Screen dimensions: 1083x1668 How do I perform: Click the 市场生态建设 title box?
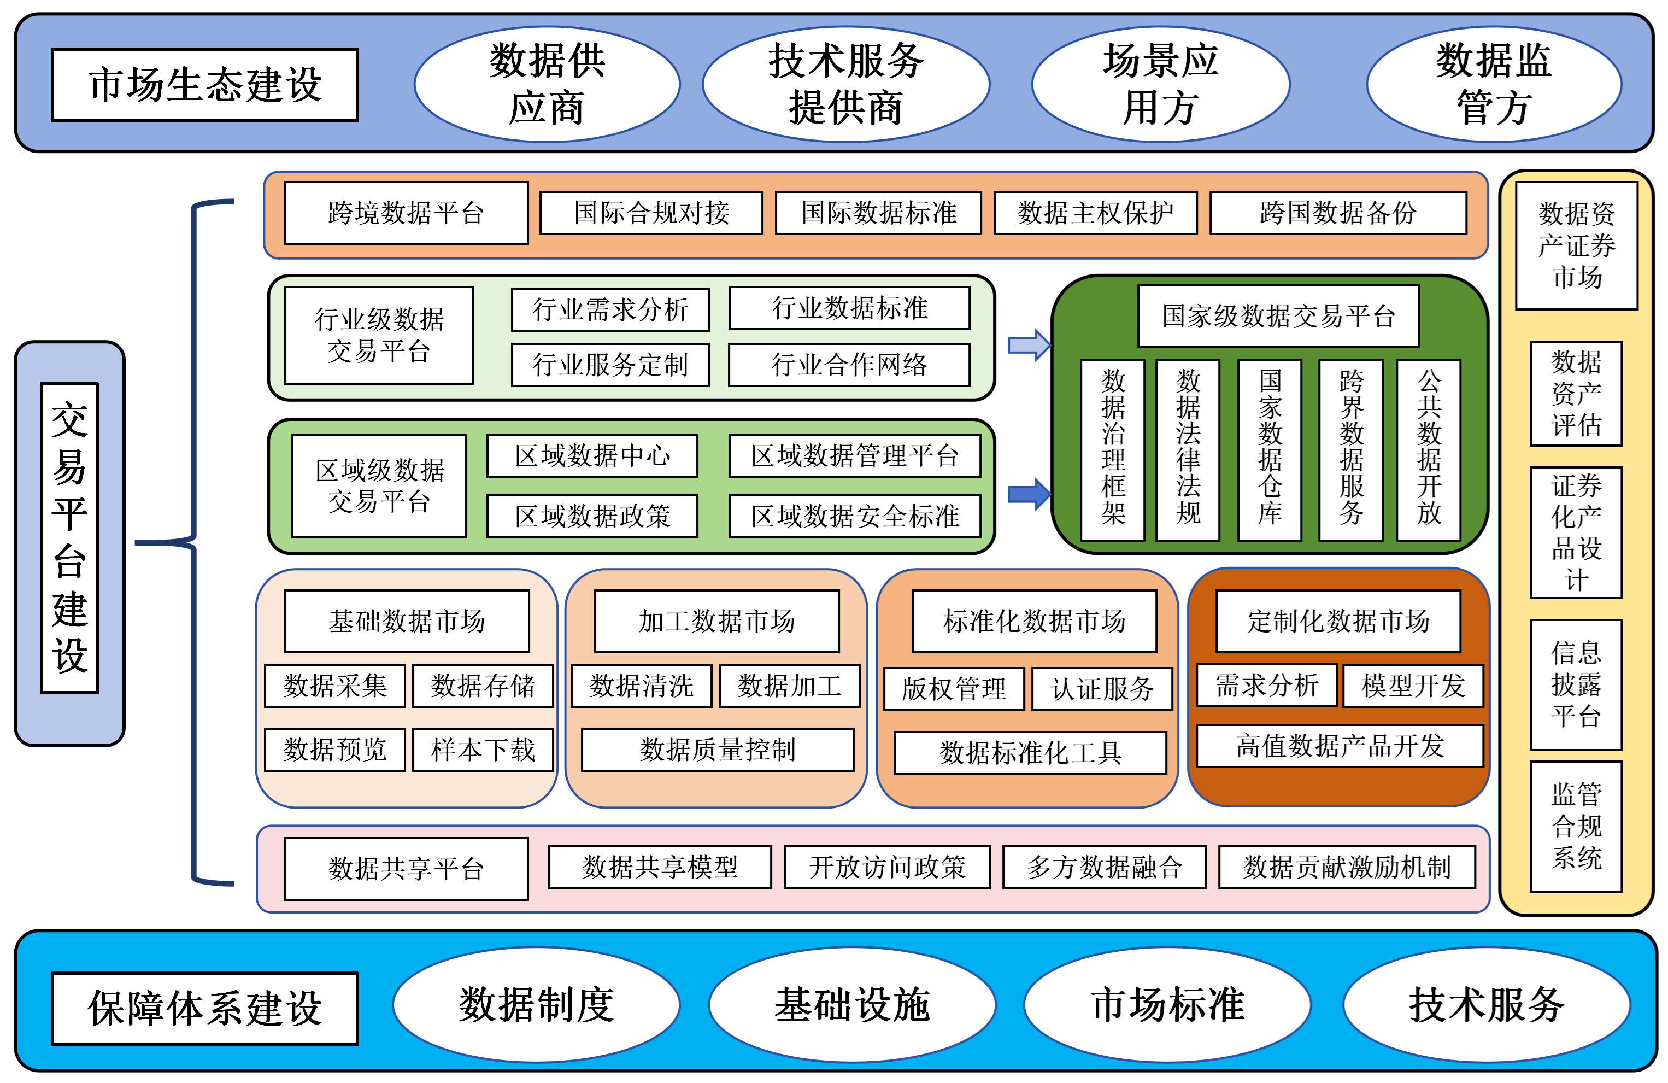[204, 85]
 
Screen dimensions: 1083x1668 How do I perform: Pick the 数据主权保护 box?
[1095, 213]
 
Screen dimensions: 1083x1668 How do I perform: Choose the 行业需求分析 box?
[610, 309]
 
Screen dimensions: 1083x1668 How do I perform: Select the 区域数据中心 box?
[592, 455]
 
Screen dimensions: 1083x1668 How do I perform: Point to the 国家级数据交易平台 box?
[1278, 316]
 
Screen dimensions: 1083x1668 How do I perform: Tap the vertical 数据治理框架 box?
[1112, 449]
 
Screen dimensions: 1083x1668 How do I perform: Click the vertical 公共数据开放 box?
[1428, 449]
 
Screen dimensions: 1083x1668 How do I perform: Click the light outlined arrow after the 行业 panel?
[1028, 345]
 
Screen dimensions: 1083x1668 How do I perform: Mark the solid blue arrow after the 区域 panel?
[1028, 494]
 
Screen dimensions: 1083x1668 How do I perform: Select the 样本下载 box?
[483, 750]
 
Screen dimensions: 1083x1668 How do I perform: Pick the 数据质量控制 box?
[717, 750]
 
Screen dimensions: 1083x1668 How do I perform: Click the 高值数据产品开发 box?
[1340, 746]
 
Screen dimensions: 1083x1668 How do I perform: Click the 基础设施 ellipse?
[851, 1004]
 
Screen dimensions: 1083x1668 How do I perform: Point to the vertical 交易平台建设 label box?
[69, 538]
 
